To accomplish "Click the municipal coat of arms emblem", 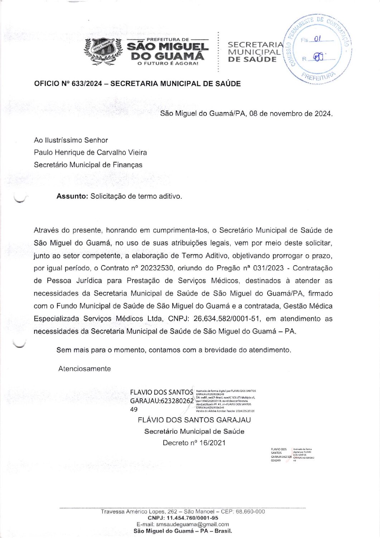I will (103, 51).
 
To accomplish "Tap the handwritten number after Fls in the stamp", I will (317, 39).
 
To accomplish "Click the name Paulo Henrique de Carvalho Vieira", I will (90, 152).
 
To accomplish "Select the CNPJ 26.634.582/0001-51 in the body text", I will (227, 319).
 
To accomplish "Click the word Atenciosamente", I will (85, 369).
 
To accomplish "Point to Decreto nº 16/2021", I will (194, 443).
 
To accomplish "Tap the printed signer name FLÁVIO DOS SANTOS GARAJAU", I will (194, 420).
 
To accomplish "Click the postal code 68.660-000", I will (250, 512).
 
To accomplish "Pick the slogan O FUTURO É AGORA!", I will (168, 63).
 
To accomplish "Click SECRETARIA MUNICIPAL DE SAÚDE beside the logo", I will (255, 52).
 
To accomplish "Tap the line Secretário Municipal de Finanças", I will (88, 165).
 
